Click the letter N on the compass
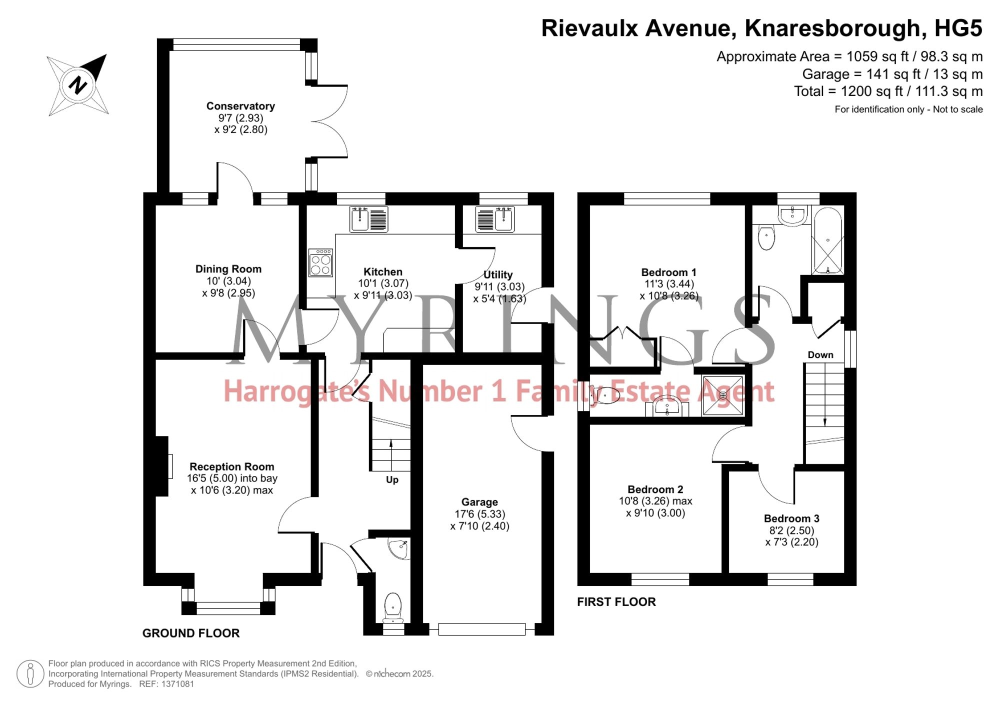[x=78, y=85]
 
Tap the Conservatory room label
[x=240, y=106]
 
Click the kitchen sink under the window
[x=368, y=219]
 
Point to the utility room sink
[x=495, y=219]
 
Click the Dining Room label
[x=228, y=269]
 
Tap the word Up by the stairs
[x=392, y=480]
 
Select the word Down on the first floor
[x=820, y=355]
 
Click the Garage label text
[x=479, y=502]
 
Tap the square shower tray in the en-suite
[x=723, y=395]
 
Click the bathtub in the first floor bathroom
[x=828, y=241]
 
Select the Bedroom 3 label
[x=791, y=518]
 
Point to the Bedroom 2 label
[x=655, y=489]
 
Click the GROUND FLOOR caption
[x=191, y=633]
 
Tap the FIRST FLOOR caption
[x=616, y=602]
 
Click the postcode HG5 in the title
[x=958, y=28]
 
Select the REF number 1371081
[x=177, y=684]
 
